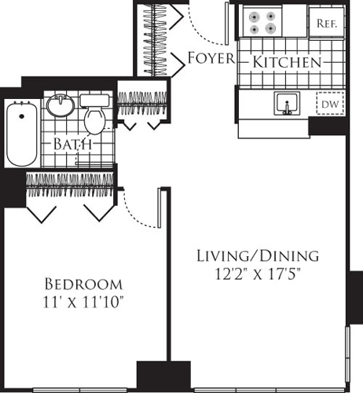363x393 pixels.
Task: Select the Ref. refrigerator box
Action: (326, 24)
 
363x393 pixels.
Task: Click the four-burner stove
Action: (262, 22)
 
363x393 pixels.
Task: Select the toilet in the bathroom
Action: (96, 116)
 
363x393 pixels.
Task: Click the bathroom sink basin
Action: (60, 105)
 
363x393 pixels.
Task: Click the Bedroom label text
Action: (83, 283)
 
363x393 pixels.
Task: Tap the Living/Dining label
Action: (257, 255)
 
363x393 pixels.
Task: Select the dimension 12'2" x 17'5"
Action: (257, 274)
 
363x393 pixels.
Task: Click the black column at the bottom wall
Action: (163, 376)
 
